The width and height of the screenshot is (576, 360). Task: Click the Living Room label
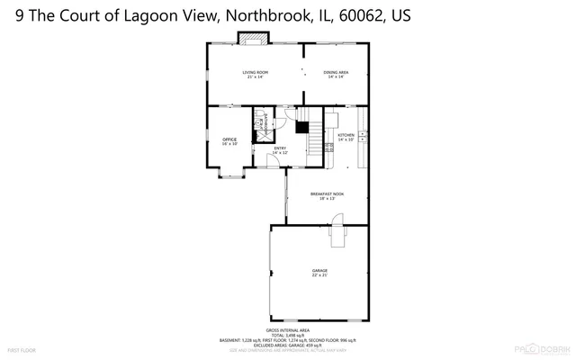coord(255,74)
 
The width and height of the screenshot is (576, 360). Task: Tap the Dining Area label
coord(336,74)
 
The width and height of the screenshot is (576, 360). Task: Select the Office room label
coord(229,140)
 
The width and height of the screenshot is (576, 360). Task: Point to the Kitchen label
coord(346,137)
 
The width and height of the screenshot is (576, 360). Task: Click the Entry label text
coord(280,150)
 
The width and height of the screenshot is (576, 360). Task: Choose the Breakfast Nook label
coord(327,196)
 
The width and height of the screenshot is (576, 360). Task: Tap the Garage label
coord(319,272)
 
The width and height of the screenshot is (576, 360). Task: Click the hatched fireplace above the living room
coord(252,38)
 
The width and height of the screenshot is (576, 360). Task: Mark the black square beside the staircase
coord(303,128)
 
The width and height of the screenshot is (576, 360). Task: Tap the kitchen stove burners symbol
coord(362,136)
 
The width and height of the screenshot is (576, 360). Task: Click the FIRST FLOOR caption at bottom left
coord(21,348)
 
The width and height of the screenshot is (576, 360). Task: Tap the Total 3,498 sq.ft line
coord(287,335)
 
